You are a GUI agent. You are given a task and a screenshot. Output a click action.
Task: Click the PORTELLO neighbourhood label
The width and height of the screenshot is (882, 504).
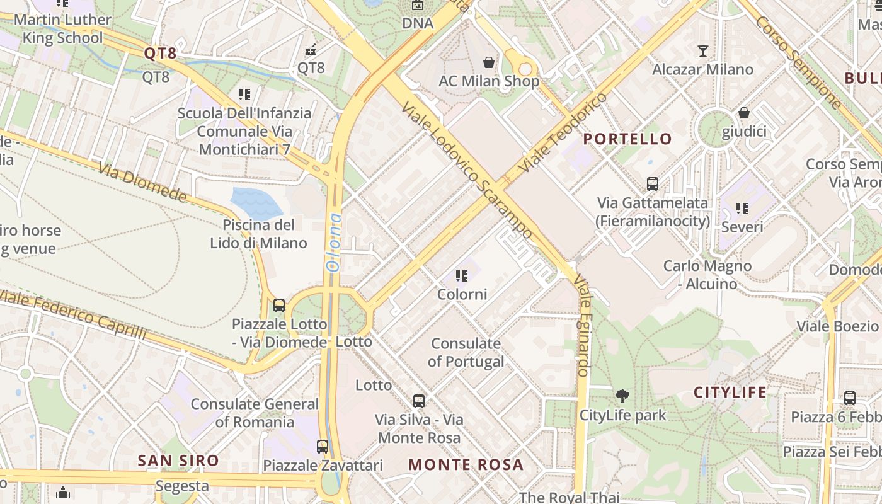point(627,139)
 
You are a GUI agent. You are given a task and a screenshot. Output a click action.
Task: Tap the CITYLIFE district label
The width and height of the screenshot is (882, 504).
point(730,392)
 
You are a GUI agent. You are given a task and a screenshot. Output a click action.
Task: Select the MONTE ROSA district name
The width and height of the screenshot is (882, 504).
point(466,465)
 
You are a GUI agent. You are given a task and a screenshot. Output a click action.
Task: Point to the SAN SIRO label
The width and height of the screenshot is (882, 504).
point(178,461)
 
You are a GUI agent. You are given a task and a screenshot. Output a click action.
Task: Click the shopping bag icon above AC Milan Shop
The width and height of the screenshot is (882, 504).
point(488,62)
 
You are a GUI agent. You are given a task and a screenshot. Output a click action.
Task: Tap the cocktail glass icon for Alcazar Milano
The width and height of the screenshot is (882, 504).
point(703,51)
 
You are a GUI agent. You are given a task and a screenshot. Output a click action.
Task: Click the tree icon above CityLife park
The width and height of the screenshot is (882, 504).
point(622,396)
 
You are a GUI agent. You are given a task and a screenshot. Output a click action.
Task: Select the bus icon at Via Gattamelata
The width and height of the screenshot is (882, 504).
point(653,184)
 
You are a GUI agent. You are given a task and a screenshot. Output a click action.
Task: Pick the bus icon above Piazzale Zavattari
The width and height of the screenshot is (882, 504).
point(323,447)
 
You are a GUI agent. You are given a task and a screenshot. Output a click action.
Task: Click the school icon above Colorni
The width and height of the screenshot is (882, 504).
point(462,276)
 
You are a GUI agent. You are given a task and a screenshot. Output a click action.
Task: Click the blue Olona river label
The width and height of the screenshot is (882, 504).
point(334,242)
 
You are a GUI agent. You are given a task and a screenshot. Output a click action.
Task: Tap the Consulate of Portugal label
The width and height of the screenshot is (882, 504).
point(466,353)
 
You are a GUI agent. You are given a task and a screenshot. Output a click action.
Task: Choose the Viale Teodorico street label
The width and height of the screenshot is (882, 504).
point(562,134)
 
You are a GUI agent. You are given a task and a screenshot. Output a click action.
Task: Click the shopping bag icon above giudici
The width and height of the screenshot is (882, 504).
point(744,113)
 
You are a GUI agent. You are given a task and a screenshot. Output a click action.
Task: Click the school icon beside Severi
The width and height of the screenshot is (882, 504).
point(742,208)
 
